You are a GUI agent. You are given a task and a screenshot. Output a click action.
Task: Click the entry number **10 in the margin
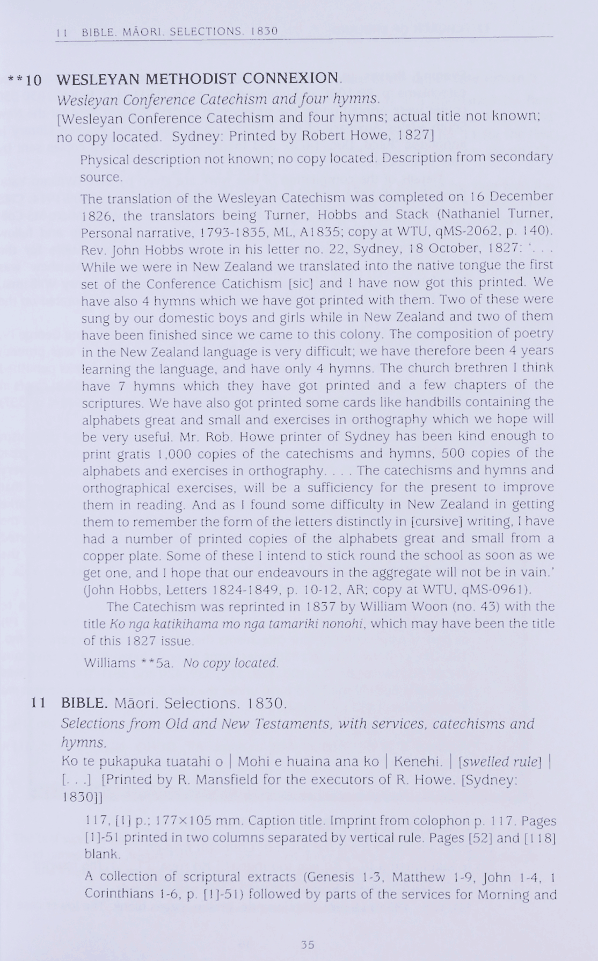pyautogui.click(x=25, y=81)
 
